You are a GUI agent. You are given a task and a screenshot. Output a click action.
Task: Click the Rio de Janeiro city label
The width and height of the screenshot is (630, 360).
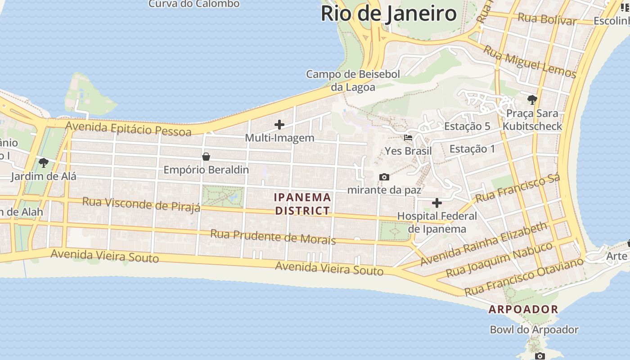[388, 13]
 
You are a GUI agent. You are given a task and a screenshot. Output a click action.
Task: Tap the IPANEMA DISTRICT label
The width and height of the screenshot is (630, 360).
[302, 204]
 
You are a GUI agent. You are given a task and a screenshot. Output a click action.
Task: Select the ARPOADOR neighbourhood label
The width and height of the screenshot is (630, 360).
[523, 310]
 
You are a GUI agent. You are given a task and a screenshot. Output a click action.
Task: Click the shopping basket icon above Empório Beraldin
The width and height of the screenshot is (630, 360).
[206, 157]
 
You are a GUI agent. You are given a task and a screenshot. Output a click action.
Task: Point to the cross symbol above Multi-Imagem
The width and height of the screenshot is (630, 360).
[279, 125]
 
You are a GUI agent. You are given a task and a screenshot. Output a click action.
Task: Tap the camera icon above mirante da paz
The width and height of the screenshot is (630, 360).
[384, 177]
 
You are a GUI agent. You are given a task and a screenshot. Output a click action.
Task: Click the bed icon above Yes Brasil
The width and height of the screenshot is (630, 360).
[408, 138]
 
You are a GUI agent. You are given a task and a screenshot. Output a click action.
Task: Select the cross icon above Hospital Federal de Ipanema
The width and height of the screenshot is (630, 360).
[436, 203]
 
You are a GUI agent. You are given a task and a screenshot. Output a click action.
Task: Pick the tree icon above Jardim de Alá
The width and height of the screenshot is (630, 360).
[43, 162]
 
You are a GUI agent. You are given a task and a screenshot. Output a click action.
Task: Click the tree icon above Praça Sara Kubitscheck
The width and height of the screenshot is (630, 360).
[532, 99]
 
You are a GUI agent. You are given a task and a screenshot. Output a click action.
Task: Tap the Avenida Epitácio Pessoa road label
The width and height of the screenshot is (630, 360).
[128, 129]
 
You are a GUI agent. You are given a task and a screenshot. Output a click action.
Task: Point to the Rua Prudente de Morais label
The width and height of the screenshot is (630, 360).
[273, 237]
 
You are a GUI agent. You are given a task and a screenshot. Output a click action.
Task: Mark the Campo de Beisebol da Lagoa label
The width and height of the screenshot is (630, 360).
[353, 81]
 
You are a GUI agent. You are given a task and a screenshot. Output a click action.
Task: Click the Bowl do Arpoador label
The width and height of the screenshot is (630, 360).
[534, 330]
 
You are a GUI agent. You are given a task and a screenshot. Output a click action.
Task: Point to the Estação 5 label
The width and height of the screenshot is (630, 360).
[467, 126]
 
